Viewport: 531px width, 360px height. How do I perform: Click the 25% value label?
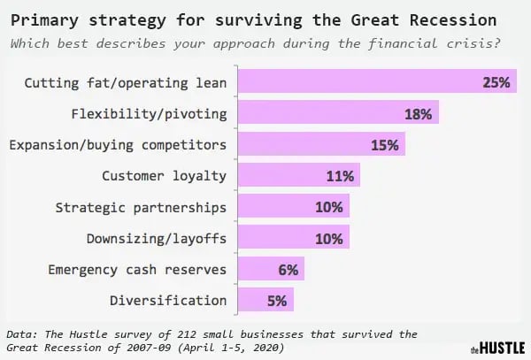point(498,83)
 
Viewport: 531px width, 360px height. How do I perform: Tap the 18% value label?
point(419,114)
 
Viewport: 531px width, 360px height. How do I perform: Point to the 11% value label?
point(341,175)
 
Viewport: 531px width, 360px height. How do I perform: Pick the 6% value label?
point(289,268)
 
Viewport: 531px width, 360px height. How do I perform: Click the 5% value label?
point(278,299)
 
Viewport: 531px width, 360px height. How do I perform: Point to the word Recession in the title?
point(467,19)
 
